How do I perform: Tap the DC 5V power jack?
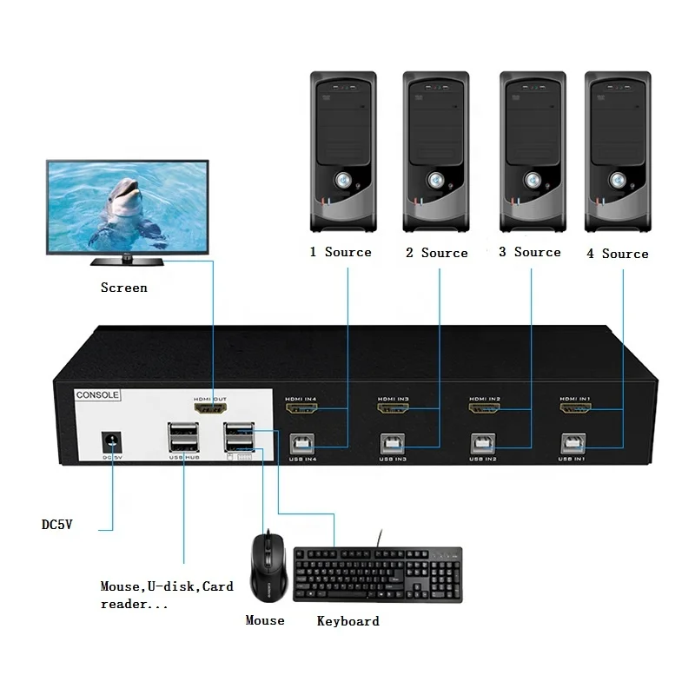click(x=111, y=440)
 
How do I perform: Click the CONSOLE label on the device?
click(x=97, y=394)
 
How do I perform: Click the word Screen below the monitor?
click(x=123, y=288)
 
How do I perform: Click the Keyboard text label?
click(x=347, y=621)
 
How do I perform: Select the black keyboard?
click(x=378, y=574)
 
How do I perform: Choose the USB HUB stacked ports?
click(x=183, y=438)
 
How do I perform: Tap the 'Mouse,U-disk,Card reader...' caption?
click(x=167, y=595)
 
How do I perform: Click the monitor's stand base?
click(x=129, y=260)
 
